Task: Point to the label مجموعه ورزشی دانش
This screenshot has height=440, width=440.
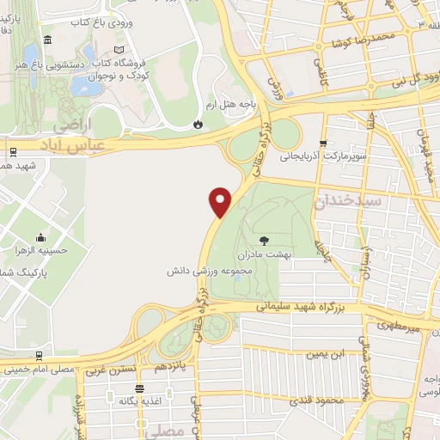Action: pyautogui.click(x=208, y=270)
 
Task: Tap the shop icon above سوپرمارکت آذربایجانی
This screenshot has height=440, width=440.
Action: pyautogui.click(x=323, y=144)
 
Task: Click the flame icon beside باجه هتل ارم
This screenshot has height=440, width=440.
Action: pyautogui.click(x=199, y=125)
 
